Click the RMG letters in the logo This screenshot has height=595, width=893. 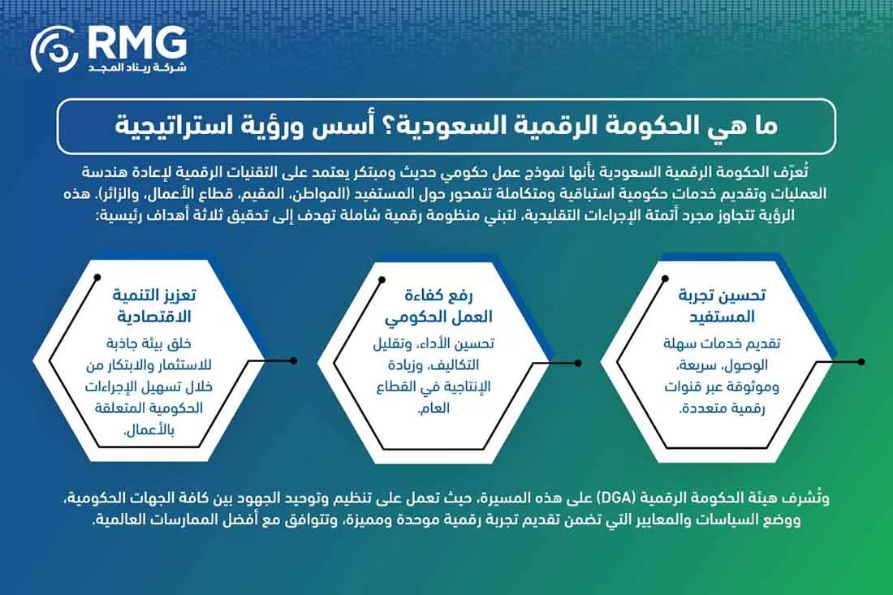136,41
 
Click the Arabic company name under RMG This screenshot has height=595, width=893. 136,67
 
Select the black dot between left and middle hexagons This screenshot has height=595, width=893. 293,360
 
